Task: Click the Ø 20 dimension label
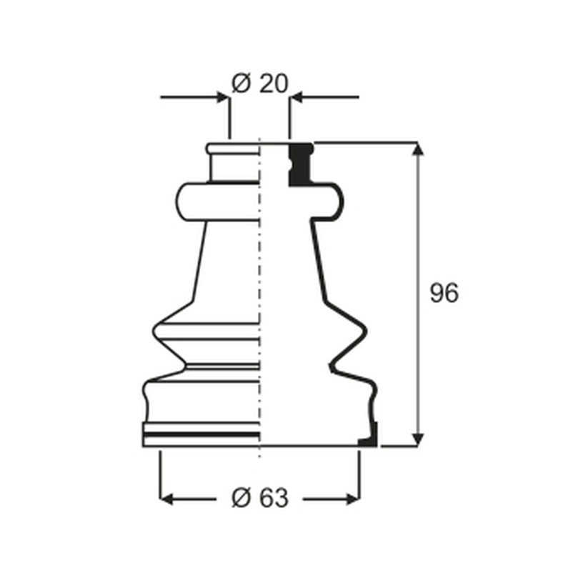pos(260,84)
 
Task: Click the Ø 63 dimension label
pos(260,498)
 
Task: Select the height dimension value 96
pos(444,293)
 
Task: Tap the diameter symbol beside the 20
pos(241,84)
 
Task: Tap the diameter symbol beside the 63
pos(241,498)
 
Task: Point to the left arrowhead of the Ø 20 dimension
pos(223,97)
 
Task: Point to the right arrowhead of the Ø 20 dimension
pos(297,97)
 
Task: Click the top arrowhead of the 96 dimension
pos(417,149)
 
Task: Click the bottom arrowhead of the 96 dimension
pos(417,440)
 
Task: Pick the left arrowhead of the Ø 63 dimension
pos(166,499)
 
